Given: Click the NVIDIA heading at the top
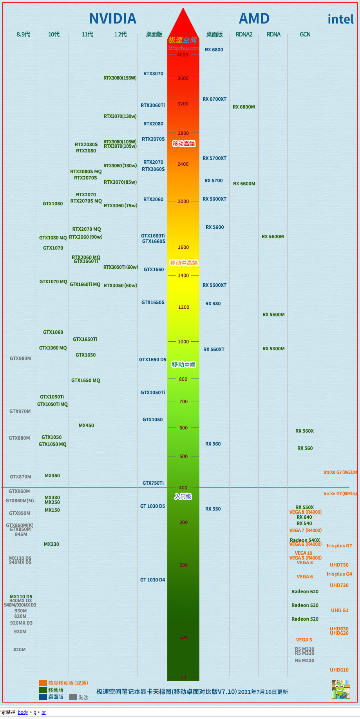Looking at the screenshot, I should [113, 18].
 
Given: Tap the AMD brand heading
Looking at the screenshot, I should [254, 18].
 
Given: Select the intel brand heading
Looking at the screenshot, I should [340, 19].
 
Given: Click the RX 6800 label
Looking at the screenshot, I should [214, 50].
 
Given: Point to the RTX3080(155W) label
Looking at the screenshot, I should [120, 78].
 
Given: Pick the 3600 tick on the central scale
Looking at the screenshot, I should [183, 78].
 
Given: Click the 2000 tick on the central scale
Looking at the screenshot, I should [183, 201].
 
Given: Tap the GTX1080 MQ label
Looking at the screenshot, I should [53, 238].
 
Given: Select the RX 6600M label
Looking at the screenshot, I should [244, 184].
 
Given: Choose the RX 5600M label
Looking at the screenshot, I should [273, 237].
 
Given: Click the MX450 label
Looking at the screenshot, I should [86, 426].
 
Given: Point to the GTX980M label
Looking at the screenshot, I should [20, 359].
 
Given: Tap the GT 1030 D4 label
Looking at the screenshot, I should [153, 580].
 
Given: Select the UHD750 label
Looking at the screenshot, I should [339, 565].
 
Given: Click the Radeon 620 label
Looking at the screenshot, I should [305, 592].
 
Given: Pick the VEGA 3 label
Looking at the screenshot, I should [304, 640].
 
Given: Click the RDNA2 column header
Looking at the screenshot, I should [244, 34].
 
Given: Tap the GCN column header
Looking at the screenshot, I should [305, 34].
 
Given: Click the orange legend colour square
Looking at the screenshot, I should [43, 683].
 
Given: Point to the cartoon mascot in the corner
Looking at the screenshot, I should [341, 690].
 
